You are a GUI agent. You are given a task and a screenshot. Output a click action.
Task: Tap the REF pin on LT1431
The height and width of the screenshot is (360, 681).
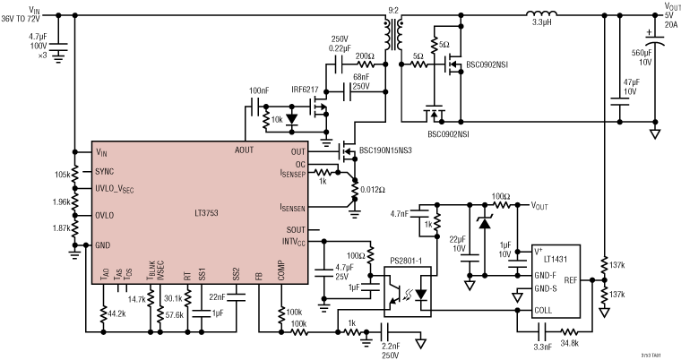click(596, 280)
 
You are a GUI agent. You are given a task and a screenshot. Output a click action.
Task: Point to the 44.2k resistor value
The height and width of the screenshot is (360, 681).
click(115, 315)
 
